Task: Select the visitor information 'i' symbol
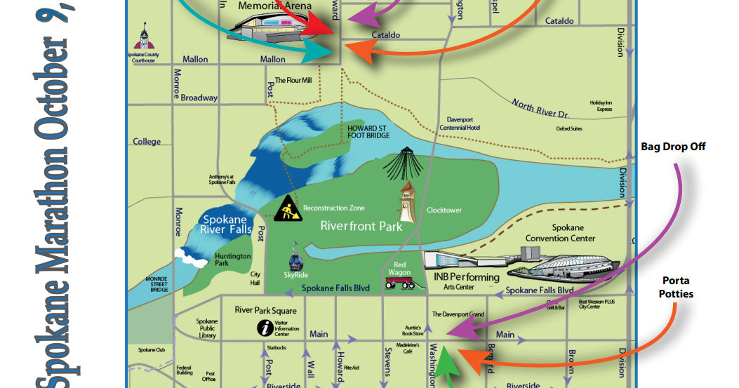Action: (x=266, y=327)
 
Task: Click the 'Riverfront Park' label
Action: (x=361, y=226)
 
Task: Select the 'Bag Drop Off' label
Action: (x=673, y=147)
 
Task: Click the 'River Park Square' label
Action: (x=266, y=310)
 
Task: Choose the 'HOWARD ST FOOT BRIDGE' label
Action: (x=368, y=132)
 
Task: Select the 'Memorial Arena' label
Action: (x=275, y=6)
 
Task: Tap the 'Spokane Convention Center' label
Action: (x=559, y=233)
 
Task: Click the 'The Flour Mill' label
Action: (x=293, y=81)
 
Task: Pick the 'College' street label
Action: (x=147, y=142)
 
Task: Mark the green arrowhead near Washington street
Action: (x=447, y=365)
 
